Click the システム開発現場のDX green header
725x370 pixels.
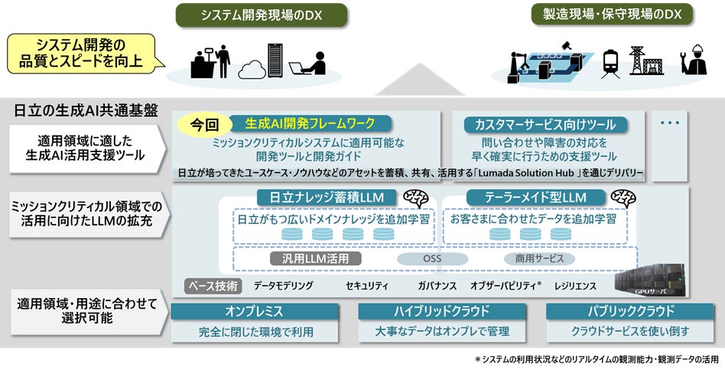(x=262, y=15)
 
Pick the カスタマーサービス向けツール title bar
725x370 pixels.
(x=545, y=124)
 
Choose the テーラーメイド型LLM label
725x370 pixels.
(x=535, y=197)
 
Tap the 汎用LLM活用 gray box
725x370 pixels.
(x=316, y=258)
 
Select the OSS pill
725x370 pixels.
(x=432, y=259)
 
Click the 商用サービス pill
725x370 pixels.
(x=539, y=259)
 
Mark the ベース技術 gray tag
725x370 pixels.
(x=214, y=286)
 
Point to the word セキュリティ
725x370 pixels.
(x=366, y=286)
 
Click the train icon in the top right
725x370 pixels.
(x=610, y=60)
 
